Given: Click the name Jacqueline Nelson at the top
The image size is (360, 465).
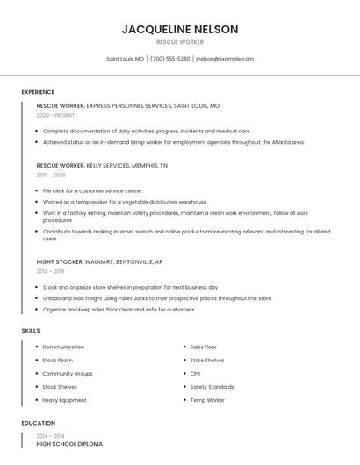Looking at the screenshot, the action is point(179,29).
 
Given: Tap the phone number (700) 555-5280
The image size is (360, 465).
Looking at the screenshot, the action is point(169,59).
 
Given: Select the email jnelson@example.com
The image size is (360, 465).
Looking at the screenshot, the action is point(225,59).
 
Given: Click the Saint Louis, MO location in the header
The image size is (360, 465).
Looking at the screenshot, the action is point(125,59).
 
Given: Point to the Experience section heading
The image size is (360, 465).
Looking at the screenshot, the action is point(38,92).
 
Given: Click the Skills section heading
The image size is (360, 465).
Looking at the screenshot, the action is point(31,330).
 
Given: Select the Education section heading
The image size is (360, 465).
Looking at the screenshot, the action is point(38,423).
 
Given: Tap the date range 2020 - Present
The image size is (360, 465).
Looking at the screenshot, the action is point(55,115).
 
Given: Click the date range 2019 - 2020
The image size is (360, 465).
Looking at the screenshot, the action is point(51,175).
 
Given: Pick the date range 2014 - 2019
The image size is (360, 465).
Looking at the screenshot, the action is point(51,271).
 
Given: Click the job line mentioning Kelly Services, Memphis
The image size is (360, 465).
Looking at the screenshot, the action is point(102,165).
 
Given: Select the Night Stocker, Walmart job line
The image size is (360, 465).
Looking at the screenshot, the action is point(99,261).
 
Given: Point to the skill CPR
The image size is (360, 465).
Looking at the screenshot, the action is point(196,373).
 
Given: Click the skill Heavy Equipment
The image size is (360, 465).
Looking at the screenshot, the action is point(64,400).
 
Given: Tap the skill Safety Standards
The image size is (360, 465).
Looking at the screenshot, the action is point(212,387).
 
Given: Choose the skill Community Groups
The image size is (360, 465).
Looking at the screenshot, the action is point(67,373).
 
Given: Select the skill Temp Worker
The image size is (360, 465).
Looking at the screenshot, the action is point(207,400).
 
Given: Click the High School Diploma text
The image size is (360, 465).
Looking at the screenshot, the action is point(69,444).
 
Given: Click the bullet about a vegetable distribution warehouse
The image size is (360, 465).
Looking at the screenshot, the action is point(125,202).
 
